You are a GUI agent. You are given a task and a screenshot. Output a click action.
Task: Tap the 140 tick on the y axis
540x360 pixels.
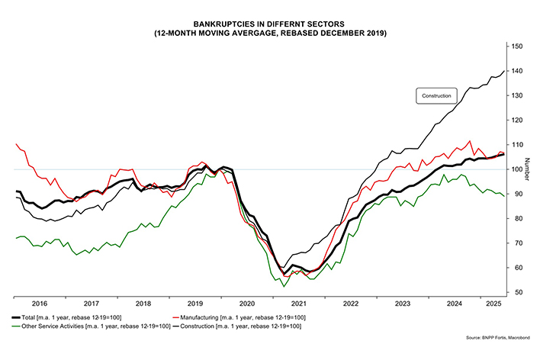pyautogui.click(x=518, y=71)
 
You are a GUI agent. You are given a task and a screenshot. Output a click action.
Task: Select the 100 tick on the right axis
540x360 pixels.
pyautogui.click(x=518, y=169)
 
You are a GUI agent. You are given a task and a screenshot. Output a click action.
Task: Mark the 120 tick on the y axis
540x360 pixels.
pyautogui.click(x=518, y=121)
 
